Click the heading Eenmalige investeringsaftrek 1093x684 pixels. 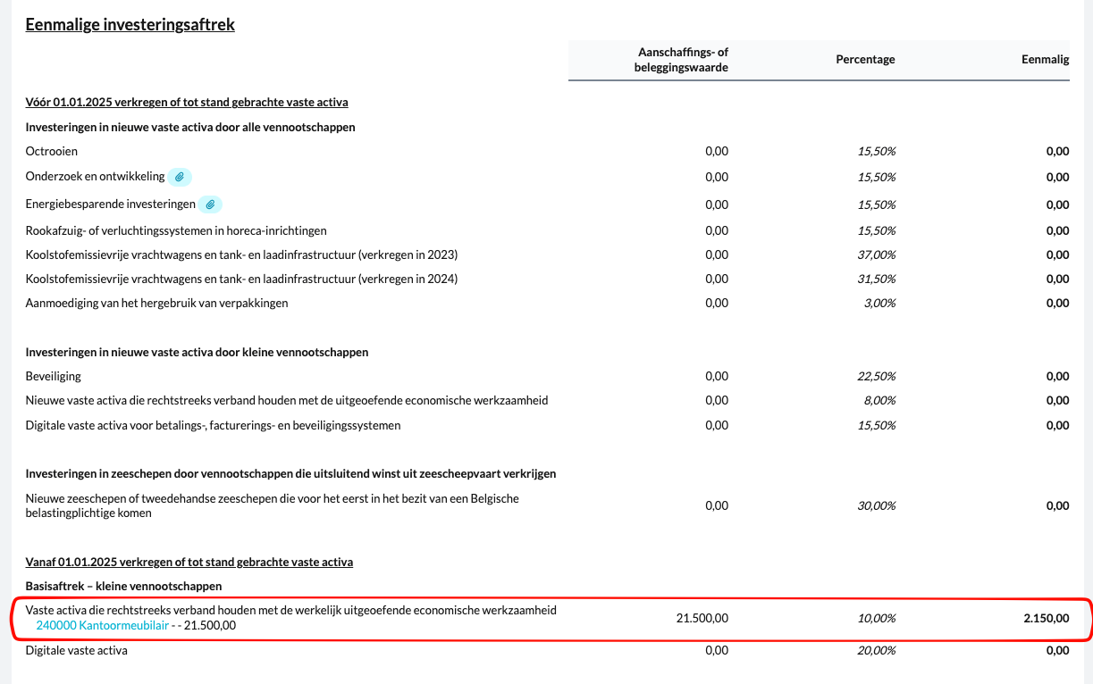point(130,25)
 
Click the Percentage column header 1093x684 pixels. point(865,60)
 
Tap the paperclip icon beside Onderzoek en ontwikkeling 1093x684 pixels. point(180,177)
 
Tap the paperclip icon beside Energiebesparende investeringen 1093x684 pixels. point(210,204)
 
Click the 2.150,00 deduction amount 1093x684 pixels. point(1046,618)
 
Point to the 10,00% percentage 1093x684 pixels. point(878,618)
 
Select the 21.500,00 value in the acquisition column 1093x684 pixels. point(702,618)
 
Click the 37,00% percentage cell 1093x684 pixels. point(878,255)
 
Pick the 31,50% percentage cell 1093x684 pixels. point(878,279)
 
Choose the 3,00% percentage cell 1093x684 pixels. point(880,304)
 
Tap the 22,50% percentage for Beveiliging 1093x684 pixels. point(878,377)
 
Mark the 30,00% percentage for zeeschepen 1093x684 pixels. point(878,506)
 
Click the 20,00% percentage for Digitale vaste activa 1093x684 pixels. point(878,651)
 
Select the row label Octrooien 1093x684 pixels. point(52,152)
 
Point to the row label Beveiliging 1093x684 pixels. point(54,377)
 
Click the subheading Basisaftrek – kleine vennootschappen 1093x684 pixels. point(123,586)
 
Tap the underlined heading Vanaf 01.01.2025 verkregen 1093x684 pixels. point(189,563)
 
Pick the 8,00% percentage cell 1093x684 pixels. point(880,401)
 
